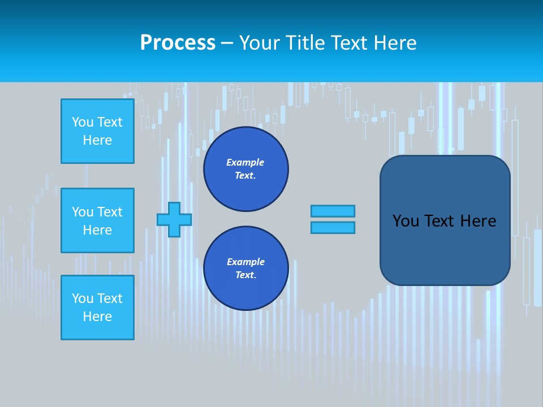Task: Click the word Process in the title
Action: (178, 43)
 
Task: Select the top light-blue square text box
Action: (97, 131)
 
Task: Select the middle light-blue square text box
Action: (97, 220)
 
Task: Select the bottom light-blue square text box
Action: (97, 308)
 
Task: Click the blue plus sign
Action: (174, 219)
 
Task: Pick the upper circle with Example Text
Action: (245, 169)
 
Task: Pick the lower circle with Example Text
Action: (245, 269)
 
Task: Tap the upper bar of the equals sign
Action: (333, 211)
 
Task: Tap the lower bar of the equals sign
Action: (333, 227)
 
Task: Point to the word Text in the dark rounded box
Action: (440, 221)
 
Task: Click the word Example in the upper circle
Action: (245, 162)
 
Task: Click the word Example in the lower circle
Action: (245, 262)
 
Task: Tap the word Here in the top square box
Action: (97, 140)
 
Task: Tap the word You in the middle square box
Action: (83, 212)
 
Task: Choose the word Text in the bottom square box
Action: (110, 298)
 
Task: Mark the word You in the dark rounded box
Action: (406, 221)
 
